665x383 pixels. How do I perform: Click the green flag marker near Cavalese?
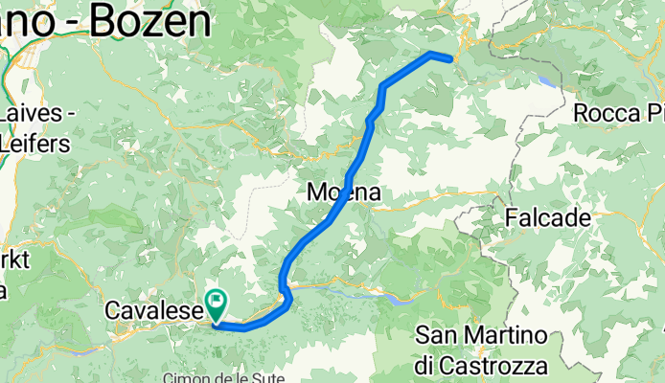[x=217, y=304]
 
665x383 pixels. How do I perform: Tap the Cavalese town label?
[x=152, y=311]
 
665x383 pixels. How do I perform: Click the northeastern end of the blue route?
[x=449, y=56]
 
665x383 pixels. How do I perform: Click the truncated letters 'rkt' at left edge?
[x=15, y=260]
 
